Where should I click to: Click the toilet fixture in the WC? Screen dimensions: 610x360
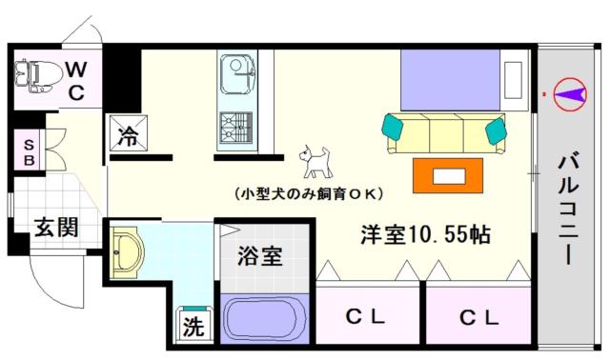pyautogui.click(x=38, y=75)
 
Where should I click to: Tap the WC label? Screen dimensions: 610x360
pyautogui.click(x=76, y=81)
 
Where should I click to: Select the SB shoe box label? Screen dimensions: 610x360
pyautogui.click(x=29, y=152)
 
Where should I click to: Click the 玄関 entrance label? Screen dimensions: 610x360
pyautogui.click(x=56, y=227)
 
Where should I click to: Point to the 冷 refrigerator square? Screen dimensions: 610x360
pyautogui.click(x=129, y=132)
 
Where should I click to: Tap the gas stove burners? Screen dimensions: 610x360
pyautogui.click(x=236, y=128)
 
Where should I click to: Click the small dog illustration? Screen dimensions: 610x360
pyautogui.click(x=315, y=162)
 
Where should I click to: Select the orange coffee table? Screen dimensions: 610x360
pyautogui.click(x=448, y=175)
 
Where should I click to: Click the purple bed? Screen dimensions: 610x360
pyautogui.click(x=450, y=80)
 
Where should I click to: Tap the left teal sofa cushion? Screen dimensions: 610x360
pyautogui.click(x=393, y=127)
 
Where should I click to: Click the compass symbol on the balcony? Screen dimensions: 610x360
pyautogui.click(x=570, y=94)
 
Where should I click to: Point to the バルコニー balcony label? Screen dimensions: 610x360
pyautogui.click(x=568, y=210)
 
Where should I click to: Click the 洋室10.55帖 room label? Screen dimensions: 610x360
pyautogui.click(x=426, y=234)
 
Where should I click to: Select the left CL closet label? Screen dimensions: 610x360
pyautogui.click(x=365, y=318)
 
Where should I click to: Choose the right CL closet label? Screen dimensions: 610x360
pyautogui.click(x=478, y=318)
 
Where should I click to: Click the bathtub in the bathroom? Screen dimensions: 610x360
pyautogui.click(x=265, y=319)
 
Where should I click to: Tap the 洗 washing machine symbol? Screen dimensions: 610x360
pyautogui.click(x=193, y=326)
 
